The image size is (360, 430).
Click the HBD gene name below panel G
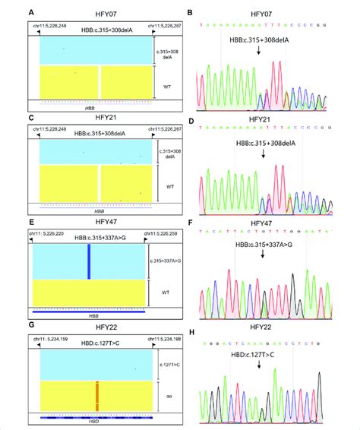pos(89,420)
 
